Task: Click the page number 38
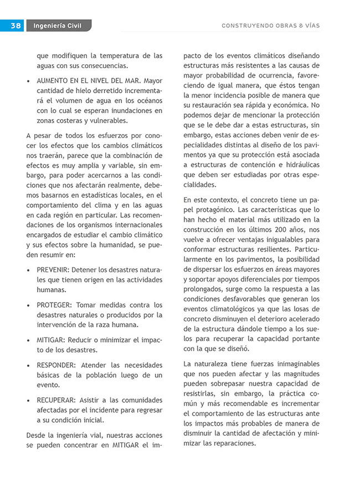(x=15, y=25)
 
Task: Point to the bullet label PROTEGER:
(x=54, y=305)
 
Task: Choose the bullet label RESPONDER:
(x=57, y=365)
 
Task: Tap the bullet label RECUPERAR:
(x=57, y=400)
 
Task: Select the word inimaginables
(x=294, y=364)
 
